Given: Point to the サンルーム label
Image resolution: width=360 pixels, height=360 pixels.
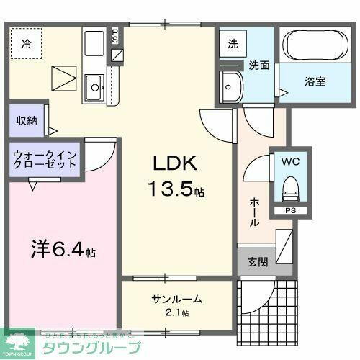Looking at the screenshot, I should [x=176, y=299].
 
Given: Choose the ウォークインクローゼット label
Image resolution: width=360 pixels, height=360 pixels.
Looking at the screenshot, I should [x=45, y=158].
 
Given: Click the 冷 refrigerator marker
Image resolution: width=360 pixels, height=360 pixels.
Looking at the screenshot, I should [x=25, y=43].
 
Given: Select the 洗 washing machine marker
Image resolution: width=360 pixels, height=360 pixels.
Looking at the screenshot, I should [x=233, y=43].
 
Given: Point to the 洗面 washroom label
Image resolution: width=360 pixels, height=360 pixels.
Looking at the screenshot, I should [x=259, y=65].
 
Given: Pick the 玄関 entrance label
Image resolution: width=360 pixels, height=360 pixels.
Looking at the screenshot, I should [x=256, y=261].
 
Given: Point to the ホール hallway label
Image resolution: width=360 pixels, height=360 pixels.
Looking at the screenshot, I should [x=254, y=212].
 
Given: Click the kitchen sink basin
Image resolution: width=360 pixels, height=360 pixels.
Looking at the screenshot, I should [x=94, y=89].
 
